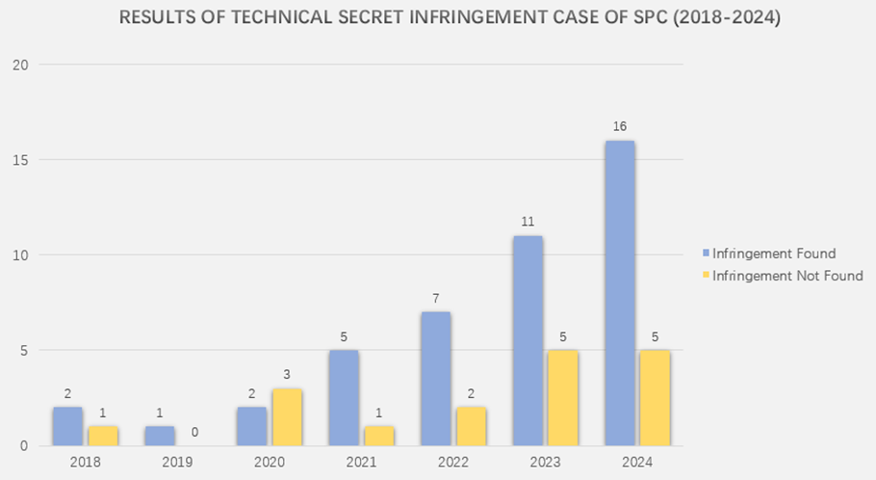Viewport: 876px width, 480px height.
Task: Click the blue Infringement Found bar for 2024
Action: (x=619, y=293)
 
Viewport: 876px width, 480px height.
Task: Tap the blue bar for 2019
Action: (x=159, y=436)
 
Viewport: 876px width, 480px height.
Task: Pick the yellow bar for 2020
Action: (x=287, y=416)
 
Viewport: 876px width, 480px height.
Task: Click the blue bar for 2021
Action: (x=343, y=397)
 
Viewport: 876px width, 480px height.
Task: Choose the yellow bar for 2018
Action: (x=103, y=436)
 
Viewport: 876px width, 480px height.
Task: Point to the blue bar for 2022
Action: (x=435, y=379)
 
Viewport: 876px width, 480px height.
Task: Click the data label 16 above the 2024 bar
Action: (x=619, y=126)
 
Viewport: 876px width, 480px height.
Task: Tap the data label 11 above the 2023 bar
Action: (x=528, y=221)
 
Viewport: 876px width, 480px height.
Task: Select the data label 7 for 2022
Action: (x=435, y=297)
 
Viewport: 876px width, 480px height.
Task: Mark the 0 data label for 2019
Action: (x=194, y=432)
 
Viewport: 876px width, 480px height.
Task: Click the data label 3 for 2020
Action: (x=287, y=374)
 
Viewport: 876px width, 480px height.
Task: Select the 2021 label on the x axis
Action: (x=361, y=463)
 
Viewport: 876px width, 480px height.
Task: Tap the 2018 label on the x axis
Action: (x=85, y=463)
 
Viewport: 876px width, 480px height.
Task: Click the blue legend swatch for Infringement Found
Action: (x=706, y=253)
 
